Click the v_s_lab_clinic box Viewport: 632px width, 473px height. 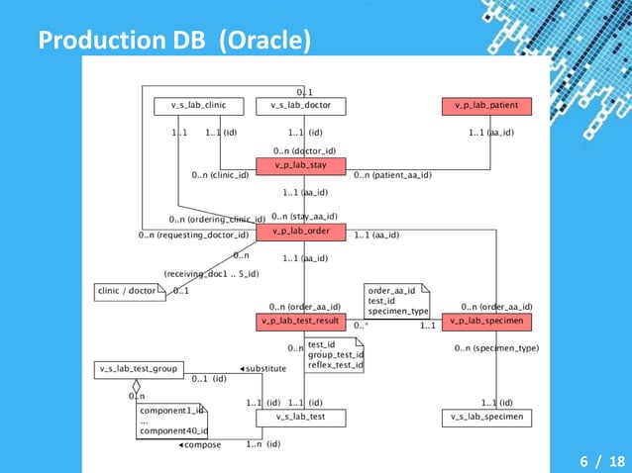(x=198, y=105)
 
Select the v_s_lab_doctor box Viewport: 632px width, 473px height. (x=300, y=105)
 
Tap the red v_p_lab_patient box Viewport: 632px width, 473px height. (x=486, y=105)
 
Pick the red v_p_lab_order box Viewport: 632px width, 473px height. (x=300, y=232)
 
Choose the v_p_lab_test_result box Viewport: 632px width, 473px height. (x=300, y=322)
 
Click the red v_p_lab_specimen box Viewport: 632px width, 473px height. (x=486, y=322)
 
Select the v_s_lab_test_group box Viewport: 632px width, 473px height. (x=138, y=369)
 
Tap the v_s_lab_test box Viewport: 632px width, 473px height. (x=300, y=418)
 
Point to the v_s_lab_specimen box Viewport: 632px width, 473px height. (x=486, y=418)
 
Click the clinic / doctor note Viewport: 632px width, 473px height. (x=129, y=291)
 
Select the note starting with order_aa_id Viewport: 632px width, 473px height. (x=396, y=300)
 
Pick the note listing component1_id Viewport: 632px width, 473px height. (x=172, y=420)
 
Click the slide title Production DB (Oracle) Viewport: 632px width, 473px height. (x=174, y=41)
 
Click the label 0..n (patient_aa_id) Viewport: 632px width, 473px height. (x=392, y=176)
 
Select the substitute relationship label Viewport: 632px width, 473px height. (x=263, y=368)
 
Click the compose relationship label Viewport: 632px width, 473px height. (x=200, y=445)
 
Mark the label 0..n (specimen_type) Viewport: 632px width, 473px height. (x=496, y=348)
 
